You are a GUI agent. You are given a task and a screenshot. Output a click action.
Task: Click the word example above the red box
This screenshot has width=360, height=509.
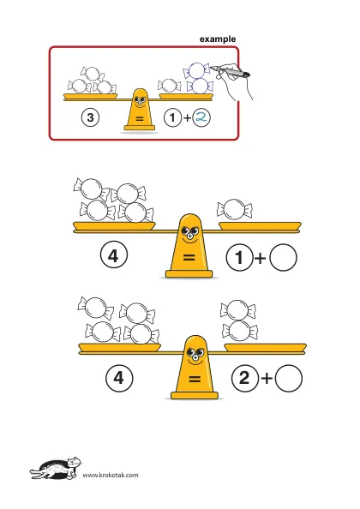coord(218,39)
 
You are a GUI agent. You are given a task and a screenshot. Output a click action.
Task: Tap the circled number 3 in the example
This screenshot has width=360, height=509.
coord(90,117)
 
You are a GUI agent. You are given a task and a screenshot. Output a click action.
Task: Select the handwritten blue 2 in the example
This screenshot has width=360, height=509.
coord(201,117)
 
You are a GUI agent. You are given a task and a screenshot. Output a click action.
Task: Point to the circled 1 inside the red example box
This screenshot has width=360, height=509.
coord(172,117)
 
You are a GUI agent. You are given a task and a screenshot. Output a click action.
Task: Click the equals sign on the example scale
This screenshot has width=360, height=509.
coord(140,119)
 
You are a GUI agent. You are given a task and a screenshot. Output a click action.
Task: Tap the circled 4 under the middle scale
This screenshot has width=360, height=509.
coord(114,256)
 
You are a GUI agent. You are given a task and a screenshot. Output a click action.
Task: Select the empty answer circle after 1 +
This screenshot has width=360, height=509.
coord(283,257)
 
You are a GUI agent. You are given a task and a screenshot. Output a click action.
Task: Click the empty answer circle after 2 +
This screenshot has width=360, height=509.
coord(289,378)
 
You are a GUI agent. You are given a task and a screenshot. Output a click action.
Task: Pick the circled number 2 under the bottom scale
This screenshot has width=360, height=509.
coord(245,378)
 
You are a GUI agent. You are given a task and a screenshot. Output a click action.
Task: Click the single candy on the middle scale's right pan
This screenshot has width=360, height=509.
coord(234,209)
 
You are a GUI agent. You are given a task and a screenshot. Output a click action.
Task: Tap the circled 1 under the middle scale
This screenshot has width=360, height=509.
coord(239,258)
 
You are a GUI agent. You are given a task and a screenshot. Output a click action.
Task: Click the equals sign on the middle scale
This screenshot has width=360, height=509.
coord(189,258)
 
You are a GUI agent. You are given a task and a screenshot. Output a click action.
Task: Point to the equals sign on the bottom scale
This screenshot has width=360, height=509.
coord(195,379)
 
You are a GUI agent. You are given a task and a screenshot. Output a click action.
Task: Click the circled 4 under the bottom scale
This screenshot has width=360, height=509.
coord(119,378)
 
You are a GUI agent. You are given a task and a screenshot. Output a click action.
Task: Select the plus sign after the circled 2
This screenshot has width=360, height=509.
coord(267,379)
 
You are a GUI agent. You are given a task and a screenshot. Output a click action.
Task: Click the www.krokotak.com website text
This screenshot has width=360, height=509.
coord(111,476)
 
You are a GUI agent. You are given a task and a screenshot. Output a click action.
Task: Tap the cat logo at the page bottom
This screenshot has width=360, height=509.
coord(57,468)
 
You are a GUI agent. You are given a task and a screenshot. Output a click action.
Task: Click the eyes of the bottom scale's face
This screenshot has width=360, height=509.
coord(195,352)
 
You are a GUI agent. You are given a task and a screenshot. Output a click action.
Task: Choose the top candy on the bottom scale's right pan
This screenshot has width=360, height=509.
coord(238,310)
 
